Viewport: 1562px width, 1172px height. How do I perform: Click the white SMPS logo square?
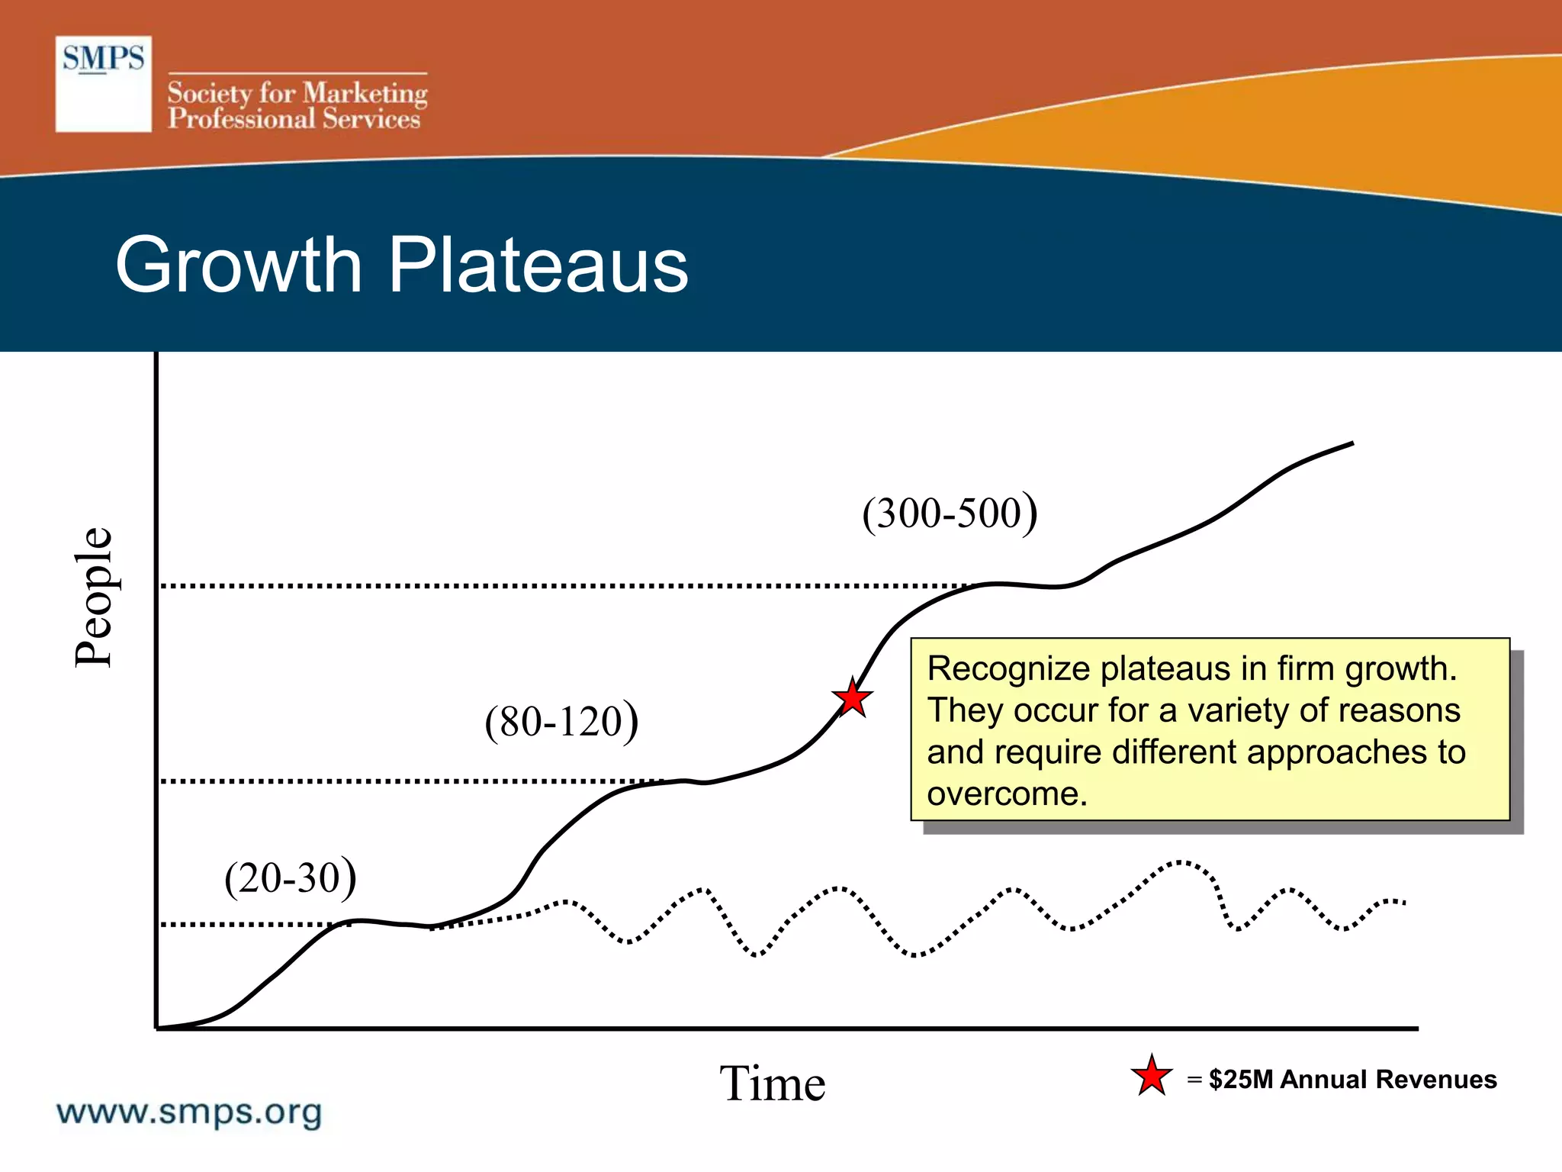point(103,84)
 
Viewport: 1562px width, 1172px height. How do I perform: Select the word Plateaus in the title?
point(538,265)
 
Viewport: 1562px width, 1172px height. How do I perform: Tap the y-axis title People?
point(95,597)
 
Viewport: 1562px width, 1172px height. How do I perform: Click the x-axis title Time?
point(772,1083)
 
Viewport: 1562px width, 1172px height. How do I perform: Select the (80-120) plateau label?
point(561,721)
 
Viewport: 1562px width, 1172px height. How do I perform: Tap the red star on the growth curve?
point(852,698)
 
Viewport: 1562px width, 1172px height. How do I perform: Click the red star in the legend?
point(1151,1077)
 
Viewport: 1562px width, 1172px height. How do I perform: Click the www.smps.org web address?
point(189,1112)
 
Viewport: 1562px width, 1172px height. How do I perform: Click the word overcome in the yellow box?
point(1006,794)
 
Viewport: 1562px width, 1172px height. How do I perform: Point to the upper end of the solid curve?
point(1351,443)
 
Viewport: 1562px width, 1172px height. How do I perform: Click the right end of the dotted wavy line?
point(1403,903)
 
